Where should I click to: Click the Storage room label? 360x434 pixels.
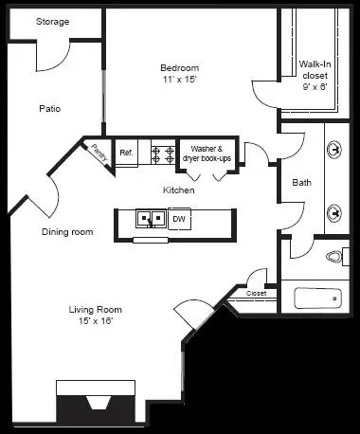click(52, 22)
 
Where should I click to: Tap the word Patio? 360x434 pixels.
click(50, 108)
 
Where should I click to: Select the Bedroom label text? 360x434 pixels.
click(179, 67)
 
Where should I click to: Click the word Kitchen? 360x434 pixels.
click(178, 190)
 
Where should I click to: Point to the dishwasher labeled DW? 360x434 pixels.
click(178, 219)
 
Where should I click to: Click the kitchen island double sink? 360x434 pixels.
click(150, 219)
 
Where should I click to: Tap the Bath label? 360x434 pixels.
click(302, 183)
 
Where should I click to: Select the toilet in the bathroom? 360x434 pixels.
click(335, 256)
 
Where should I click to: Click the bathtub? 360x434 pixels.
click(317, 298)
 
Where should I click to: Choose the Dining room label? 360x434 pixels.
click(66, 231)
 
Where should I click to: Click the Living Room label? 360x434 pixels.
click(95, 309)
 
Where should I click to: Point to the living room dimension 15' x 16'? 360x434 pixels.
click(95, 322)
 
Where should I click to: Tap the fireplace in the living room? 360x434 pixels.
click(98, 403)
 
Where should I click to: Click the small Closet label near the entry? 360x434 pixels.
click(257, 294)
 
